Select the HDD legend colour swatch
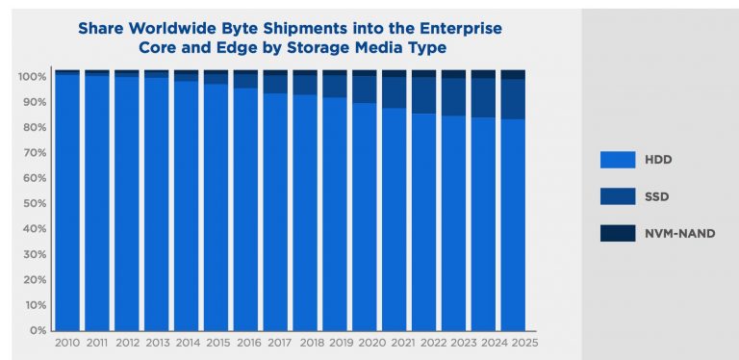pyautogui.click(x=618, y=160)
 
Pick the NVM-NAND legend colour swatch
pyautogui.click(x=618, y=232)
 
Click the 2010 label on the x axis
pyautogui.click(x=67, y=342)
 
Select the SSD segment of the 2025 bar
pyautogui.click(x=513, y=98)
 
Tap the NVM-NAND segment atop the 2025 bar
pyautogui.click(x=513, y=74)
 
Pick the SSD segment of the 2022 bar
pyautogui.click(x=423, y=95)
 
